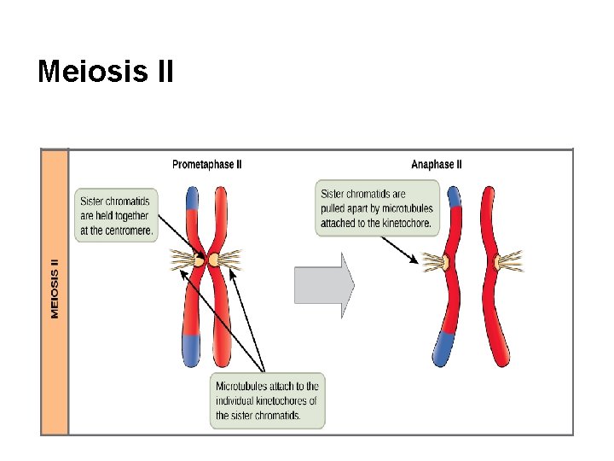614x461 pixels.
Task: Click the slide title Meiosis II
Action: (105, 72)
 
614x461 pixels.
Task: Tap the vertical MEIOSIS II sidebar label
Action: (55, 289)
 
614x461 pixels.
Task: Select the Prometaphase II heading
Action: (206, 165)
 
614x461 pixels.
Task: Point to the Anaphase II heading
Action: (437, 165)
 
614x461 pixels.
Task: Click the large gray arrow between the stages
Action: (323, 284)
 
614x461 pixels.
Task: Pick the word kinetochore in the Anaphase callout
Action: (403, 224)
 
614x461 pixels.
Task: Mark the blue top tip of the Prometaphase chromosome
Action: (192, 198)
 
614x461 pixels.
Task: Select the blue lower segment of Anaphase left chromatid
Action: (444, 346)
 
